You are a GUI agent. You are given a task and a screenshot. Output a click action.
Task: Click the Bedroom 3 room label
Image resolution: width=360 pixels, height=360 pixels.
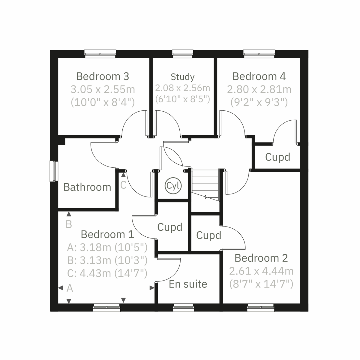[103, 76]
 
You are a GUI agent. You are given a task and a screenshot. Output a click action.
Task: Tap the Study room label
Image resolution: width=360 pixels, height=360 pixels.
[182, 77]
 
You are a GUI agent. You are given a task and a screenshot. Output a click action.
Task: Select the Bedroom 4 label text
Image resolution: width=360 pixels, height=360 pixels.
[259, 76]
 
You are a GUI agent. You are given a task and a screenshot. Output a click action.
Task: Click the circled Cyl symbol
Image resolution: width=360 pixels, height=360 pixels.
[173, 186]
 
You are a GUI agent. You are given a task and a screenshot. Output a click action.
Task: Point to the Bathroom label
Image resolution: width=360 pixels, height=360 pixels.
[87, 187]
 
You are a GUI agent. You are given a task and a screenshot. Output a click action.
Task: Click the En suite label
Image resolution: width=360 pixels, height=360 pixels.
[188, 284]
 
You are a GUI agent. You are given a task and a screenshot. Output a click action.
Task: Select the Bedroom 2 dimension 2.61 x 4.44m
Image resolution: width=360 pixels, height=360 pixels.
[261, 271]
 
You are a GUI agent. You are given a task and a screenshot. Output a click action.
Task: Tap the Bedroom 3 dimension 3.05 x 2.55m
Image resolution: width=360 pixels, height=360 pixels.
[103, 89]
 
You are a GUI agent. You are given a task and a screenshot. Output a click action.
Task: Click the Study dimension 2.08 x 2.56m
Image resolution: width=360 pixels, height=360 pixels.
[182, 88]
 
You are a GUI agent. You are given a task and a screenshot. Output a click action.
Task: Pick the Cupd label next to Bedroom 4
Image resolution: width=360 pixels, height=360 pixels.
[277, 157]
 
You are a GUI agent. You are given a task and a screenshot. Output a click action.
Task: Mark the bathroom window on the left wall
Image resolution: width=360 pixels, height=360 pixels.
[54, 171]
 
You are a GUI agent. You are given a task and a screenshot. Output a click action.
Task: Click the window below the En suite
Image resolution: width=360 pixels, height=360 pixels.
[184, 307]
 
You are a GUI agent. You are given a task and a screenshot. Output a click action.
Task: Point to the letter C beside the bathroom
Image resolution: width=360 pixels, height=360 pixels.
[123, 185]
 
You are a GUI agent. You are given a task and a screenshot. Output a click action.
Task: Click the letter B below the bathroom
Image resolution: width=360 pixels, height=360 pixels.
[69, 224]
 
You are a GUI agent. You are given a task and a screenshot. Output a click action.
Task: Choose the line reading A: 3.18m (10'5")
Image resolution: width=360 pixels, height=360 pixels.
[107, 247]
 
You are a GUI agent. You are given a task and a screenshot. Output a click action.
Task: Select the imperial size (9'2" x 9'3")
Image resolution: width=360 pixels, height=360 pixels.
[259, 103]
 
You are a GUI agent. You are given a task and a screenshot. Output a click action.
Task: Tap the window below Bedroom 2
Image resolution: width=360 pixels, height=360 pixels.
[260, 307]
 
